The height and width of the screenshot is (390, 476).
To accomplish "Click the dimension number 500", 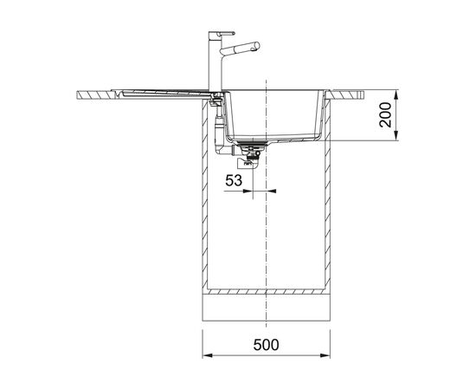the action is tap(266, 345).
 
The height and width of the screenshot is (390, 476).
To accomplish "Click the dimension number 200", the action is tap(385, 115).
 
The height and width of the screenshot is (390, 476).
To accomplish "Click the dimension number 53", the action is tap(234, 180).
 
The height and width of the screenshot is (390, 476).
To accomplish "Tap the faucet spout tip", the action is tap(257, 46).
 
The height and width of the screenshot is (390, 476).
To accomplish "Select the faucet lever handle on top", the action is tap(227, 33).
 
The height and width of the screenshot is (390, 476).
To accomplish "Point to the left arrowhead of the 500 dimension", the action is tap(207, 355).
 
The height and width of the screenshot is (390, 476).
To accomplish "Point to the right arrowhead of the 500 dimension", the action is tap(325, 355).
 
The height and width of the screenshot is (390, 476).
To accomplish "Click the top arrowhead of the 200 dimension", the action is tap(396, 94).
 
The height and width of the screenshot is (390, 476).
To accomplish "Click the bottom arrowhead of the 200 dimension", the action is tap(396, 136).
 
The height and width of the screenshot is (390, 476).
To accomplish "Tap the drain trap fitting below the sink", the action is tap(251, 156).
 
